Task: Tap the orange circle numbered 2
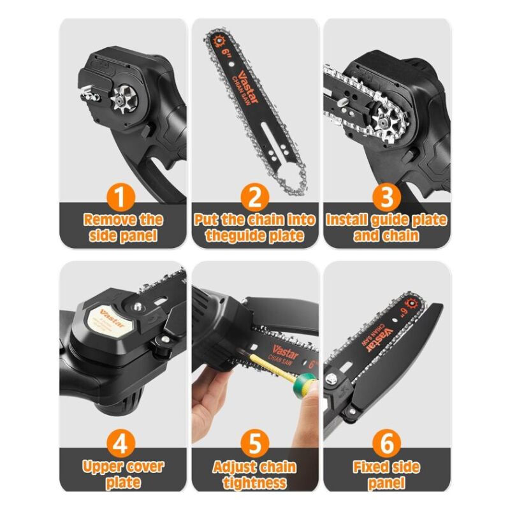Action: coord(255,196)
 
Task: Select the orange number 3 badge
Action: coord(386,196)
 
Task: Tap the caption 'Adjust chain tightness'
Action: coord(255,475)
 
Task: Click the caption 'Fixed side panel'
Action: coord(386,475)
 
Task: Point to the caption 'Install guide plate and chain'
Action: coord(386,228)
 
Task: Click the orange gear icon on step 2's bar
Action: coord(220,41)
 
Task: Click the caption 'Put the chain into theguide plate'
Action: coord(255,228)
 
